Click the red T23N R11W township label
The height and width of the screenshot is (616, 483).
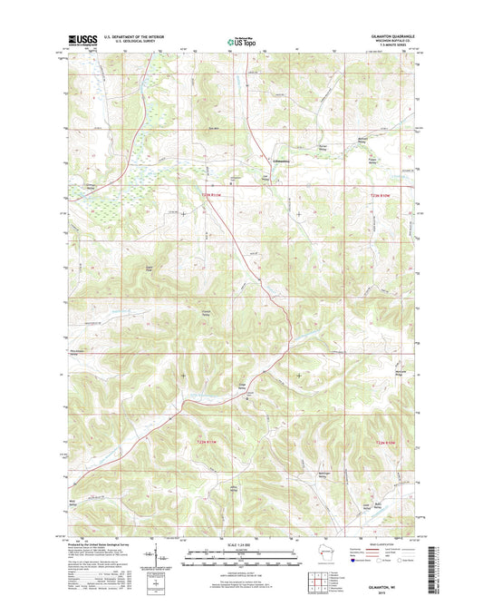(x=212, y=193)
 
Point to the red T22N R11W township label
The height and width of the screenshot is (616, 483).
(x=208, y=441)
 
